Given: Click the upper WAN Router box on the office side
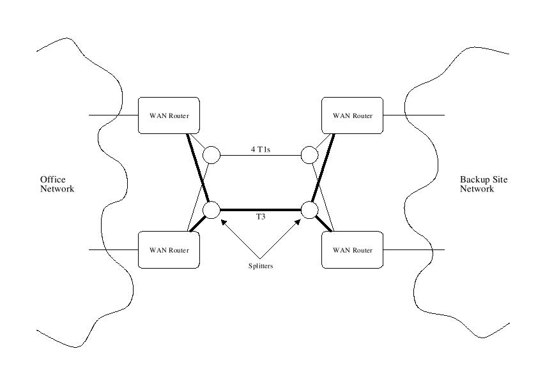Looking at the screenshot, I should point(169,115).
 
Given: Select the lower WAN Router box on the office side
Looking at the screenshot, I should point(169,249).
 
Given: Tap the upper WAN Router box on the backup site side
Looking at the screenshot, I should point(352,115).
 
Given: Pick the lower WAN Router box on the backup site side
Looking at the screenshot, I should point(352,249).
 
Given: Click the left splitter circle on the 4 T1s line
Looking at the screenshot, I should point(211,154).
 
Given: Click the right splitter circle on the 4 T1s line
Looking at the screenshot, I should point(310,154).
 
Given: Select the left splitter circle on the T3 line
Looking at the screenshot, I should point(211,209).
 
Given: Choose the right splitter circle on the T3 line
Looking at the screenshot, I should point(310,209).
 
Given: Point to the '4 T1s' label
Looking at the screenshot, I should point(261,149).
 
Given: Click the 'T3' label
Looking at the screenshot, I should point(261,218).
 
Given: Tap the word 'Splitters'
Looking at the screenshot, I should point(261,265).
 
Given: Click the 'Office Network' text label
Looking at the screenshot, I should point(57,184).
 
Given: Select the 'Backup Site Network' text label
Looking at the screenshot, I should point(484,184).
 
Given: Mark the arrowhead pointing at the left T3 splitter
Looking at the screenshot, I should point(223,223).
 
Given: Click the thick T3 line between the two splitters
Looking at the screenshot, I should point(261,209).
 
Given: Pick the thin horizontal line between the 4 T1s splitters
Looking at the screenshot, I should point(261,155).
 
